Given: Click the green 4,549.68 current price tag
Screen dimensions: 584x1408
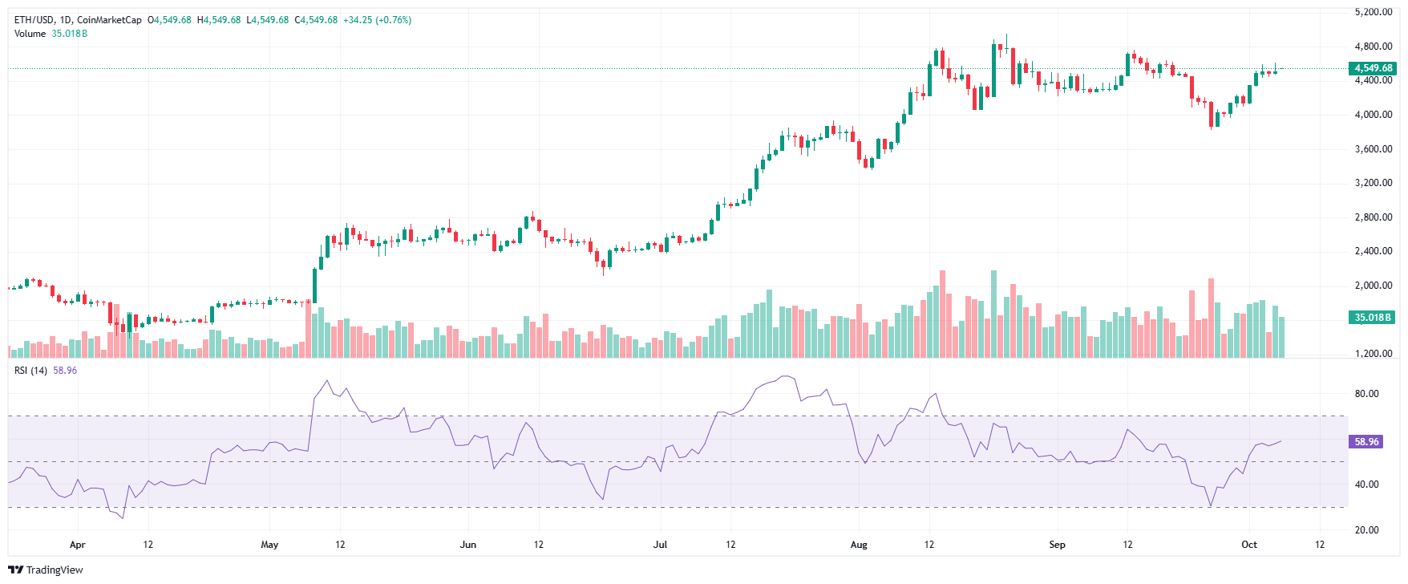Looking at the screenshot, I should tap(1374, 68).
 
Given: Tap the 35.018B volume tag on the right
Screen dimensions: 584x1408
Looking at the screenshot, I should tap(1373, 318).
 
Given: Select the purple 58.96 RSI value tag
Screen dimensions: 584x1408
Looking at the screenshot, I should tap(1366, 442).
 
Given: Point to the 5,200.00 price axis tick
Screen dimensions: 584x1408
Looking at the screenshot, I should tap(1373, 12).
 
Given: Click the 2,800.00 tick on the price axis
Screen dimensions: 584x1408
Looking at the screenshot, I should tap(1373, 217).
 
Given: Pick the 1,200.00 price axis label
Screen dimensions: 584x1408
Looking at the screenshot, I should tap(1373, 354).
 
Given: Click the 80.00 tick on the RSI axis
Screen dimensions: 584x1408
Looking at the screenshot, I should tap(1366, 394).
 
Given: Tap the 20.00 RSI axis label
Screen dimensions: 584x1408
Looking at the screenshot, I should tap(1366, 530).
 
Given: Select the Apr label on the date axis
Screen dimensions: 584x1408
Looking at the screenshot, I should tap(77, 545).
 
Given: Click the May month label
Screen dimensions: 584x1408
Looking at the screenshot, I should tap(269, 545).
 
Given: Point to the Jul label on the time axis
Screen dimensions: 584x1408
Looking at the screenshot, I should tap(660, 545).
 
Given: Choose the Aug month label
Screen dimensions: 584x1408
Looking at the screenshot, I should tap(859, 545).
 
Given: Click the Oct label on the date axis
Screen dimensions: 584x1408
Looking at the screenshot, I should tap(1249, 545).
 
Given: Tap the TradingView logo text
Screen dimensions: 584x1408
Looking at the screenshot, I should tap(55, 570).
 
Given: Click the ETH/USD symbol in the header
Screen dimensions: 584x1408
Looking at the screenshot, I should tap(33, 20).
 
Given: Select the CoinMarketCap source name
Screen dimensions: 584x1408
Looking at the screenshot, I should tap(109, 20).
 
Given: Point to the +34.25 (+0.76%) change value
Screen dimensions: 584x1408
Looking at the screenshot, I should tap(377, 20).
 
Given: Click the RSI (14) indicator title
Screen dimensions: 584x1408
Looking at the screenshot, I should tap(30, 371).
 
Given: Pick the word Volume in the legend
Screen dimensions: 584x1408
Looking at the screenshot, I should tap(30, 34).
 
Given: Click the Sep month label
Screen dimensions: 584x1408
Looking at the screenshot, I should tap(1057, 545).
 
